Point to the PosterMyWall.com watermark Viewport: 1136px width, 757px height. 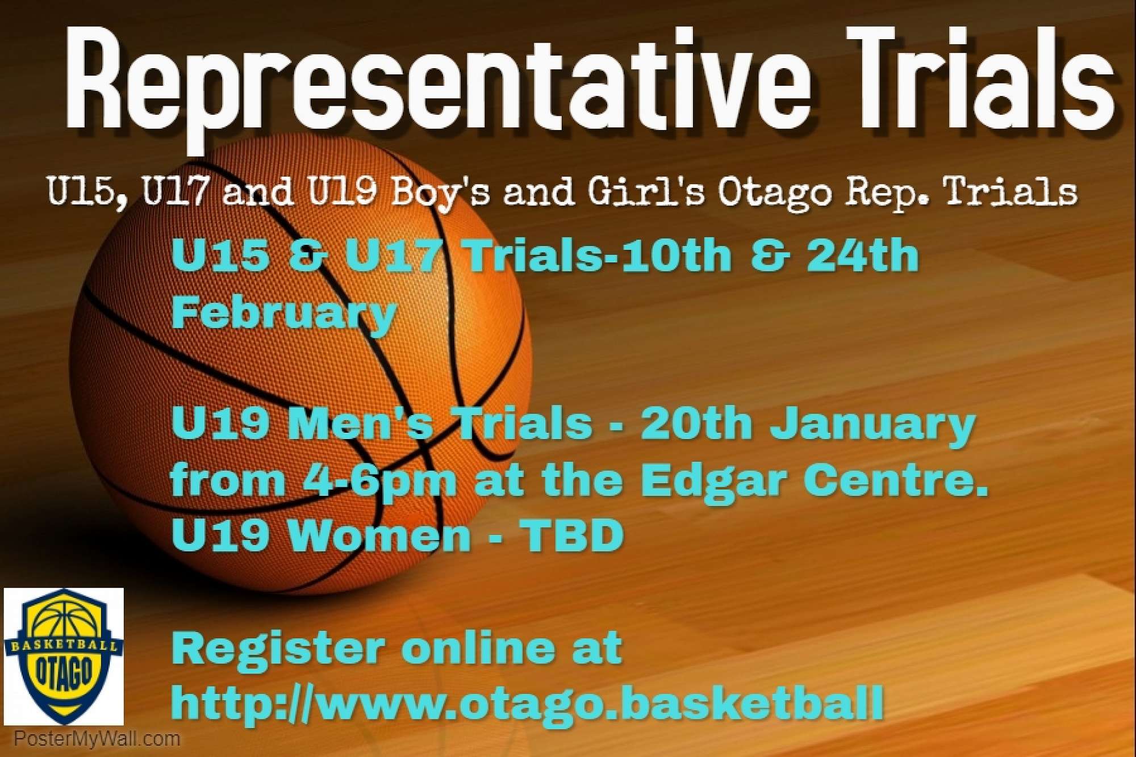tap(97, 739)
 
